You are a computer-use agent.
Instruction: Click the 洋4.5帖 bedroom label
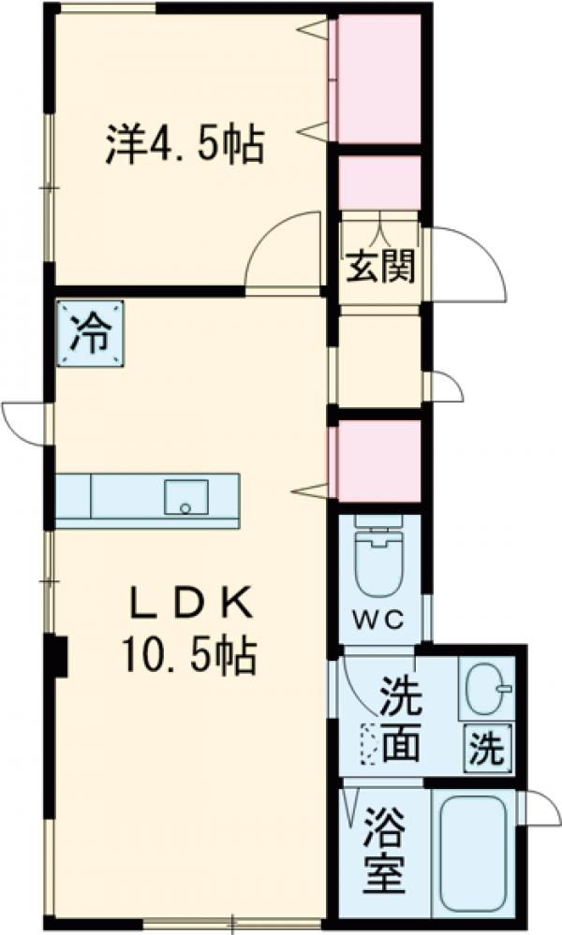click(x=184, y=144)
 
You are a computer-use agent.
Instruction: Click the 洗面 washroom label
click(x=400, y=720)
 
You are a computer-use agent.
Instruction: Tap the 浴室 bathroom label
click(x=384, y=850)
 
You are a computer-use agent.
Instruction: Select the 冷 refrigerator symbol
click(x=91, y=334)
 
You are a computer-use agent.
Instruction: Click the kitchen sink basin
click(x=186, y=496)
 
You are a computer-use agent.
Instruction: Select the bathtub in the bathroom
click(x=472, y=856)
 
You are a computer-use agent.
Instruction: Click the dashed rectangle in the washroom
click(x=369, y=747)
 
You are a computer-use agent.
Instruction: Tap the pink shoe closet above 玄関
click(x=378, y=183)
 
